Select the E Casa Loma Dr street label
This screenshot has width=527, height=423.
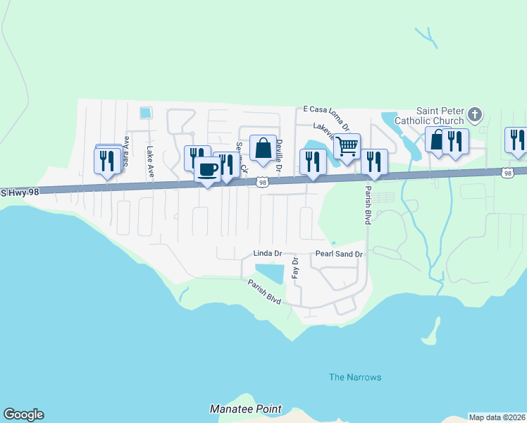pos(326,109)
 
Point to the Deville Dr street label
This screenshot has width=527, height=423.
pos(279,157)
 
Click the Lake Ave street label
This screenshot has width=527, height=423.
pos(149,161)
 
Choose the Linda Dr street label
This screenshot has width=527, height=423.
pos(268,253)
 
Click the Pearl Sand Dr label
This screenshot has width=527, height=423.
pos(339,254)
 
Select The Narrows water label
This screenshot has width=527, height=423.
pos(355,377)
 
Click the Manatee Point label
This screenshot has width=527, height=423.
pos(246,409)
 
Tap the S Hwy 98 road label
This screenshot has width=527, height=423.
pos(22,192)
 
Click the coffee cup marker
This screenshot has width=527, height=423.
pos(208,170)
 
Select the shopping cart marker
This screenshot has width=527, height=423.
pos(347,147)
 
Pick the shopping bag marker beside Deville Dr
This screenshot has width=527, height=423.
pos(263,148)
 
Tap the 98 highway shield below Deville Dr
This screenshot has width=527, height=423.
pos(262,183)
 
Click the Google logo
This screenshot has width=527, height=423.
pos(23,415)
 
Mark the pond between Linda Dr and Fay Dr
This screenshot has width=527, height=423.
pos(268,272)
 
